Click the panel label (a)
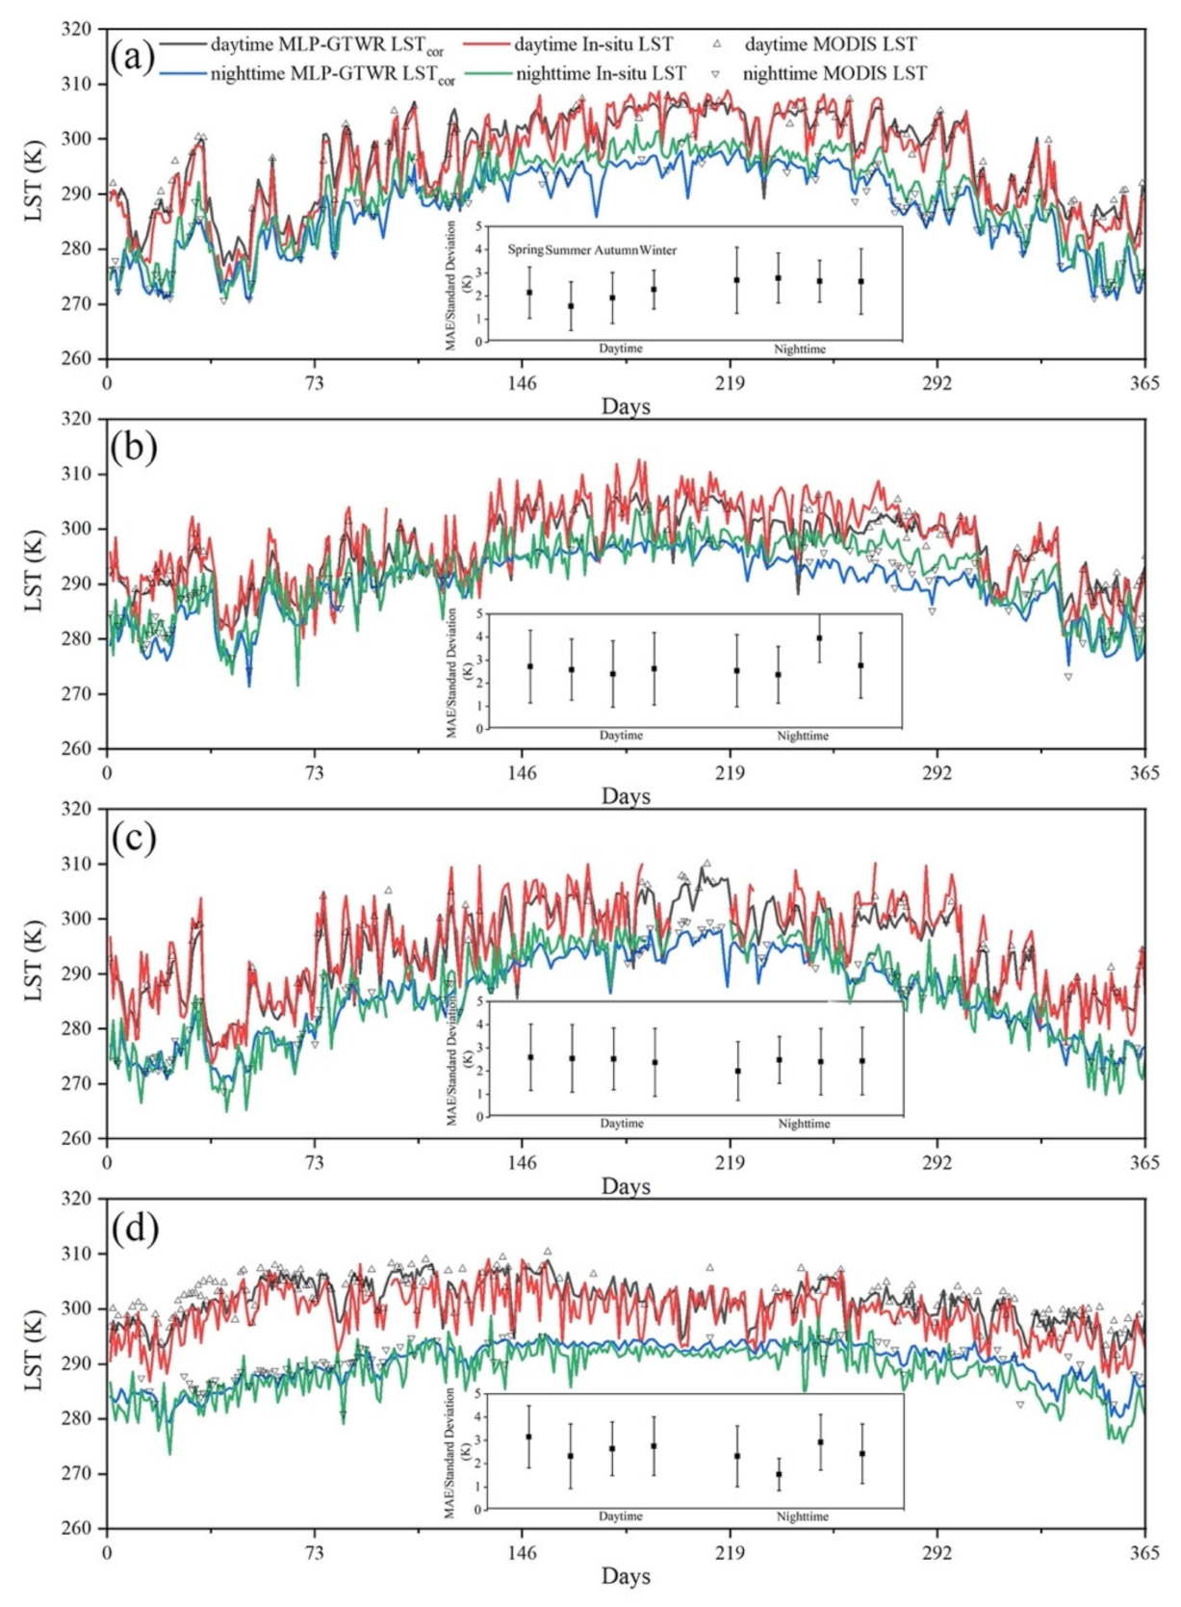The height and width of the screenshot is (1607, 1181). pos(133,57)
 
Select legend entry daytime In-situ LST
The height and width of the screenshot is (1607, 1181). pos(593,44)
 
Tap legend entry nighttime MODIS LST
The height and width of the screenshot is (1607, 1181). pos(834,73)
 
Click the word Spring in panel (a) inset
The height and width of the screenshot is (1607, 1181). pos(526,249)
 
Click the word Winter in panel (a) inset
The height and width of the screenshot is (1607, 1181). pos(658,249)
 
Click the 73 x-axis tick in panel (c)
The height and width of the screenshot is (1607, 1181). pos(314,1162)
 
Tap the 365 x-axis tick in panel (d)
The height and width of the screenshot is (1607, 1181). pos(1143,1552)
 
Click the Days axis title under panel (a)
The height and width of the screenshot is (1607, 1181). pos(626,406)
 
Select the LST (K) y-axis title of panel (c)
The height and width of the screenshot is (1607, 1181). pos(34,972)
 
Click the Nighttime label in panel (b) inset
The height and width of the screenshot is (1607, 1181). pos(802,736)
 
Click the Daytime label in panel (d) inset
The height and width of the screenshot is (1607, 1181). pos(621,1516)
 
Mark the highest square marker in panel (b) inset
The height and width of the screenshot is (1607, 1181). pos(819,637)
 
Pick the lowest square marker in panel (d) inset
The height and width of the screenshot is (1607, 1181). pos(779,1474)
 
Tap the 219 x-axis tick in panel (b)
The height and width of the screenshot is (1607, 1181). pos(729,772)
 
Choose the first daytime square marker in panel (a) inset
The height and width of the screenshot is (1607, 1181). pos(529,292)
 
